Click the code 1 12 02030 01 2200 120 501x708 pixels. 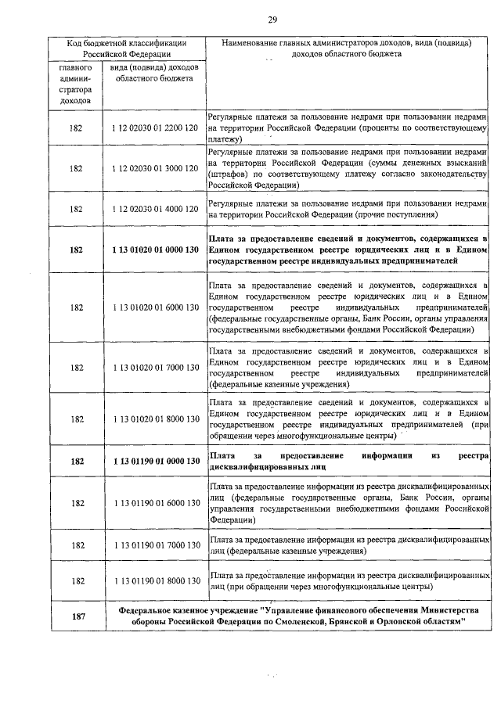pos(154,127)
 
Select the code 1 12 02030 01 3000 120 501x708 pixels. pos(154,168)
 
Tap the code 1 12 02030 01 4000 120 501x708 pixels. pos(154,209)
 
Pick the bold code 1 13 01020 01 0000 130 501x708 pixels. pos(154,250)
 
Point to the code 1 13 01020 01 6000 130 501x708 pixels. pos(154,307)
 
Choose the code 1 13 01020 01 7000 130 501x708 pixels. pos(154,367)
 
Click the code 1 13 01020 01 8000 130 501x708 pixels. pos(154,419)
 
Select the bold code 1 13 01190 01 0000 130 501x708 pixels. pos(154,461)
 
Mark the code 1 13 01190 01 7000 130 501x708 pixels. pos(154,544)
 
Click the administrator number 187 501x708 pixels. pos(77,616)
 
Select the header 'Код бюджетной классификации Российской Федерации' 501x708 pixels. pos(125,49)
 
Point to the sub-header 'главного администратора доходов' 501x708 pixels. pos(77,84)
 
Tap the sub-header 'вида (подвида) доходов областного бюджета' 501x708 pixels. pos(154,74)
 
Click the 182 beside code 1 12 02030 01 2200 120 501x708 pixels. pos(77,127)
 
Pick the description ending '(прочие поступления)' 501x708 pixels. pos(348,209)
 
